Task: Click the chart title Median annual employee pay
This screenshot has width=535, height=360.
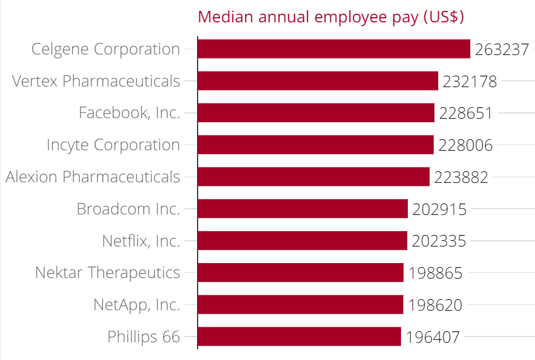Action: click(331, 17)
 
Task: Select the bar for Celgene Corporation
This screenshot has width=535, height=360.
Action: click(334, 49)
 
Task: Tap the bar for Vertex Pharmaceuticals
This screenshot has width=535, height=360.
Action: click(318, 81)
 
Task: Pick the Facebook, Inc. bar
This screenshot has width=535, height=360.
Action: click(316, 113)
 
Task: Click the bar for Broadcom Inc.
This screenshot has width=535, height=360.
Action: click(302, 209)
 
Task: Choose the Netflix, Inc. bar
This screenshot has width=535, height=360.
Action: click(302, 241)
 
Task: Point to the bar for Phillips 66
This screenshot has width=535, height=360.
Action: click(299, 336)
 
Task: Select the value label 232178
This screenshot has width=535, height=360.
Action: click(470, 81)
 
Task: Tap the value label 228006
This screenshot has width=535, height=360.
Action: click(465, 145)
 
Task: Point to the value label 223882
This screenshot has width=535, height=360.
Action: click(461, 177)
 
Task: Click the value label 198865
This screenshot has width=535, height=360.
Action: click(435, 273)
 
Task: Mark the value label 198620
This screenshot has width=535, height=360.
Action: click(435, 305)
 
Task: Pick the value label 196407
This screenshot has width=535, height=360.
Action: click(432, 337)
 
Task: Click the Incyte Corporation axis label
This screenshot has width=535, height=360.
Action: click(113, 145)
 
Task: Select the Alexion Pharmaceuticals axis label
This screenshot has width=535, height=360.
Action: click(93, 177)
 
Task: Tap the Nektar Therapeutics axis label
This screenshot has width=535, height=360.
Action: click(107, 272)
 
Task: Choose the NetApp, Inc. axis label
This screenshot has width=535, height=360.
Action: click(136, 304)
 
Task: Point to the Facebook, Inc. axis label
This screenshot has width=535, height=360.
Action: click(129, 113)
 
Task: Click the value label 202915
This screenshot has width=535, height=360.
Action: click(439, 209)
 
